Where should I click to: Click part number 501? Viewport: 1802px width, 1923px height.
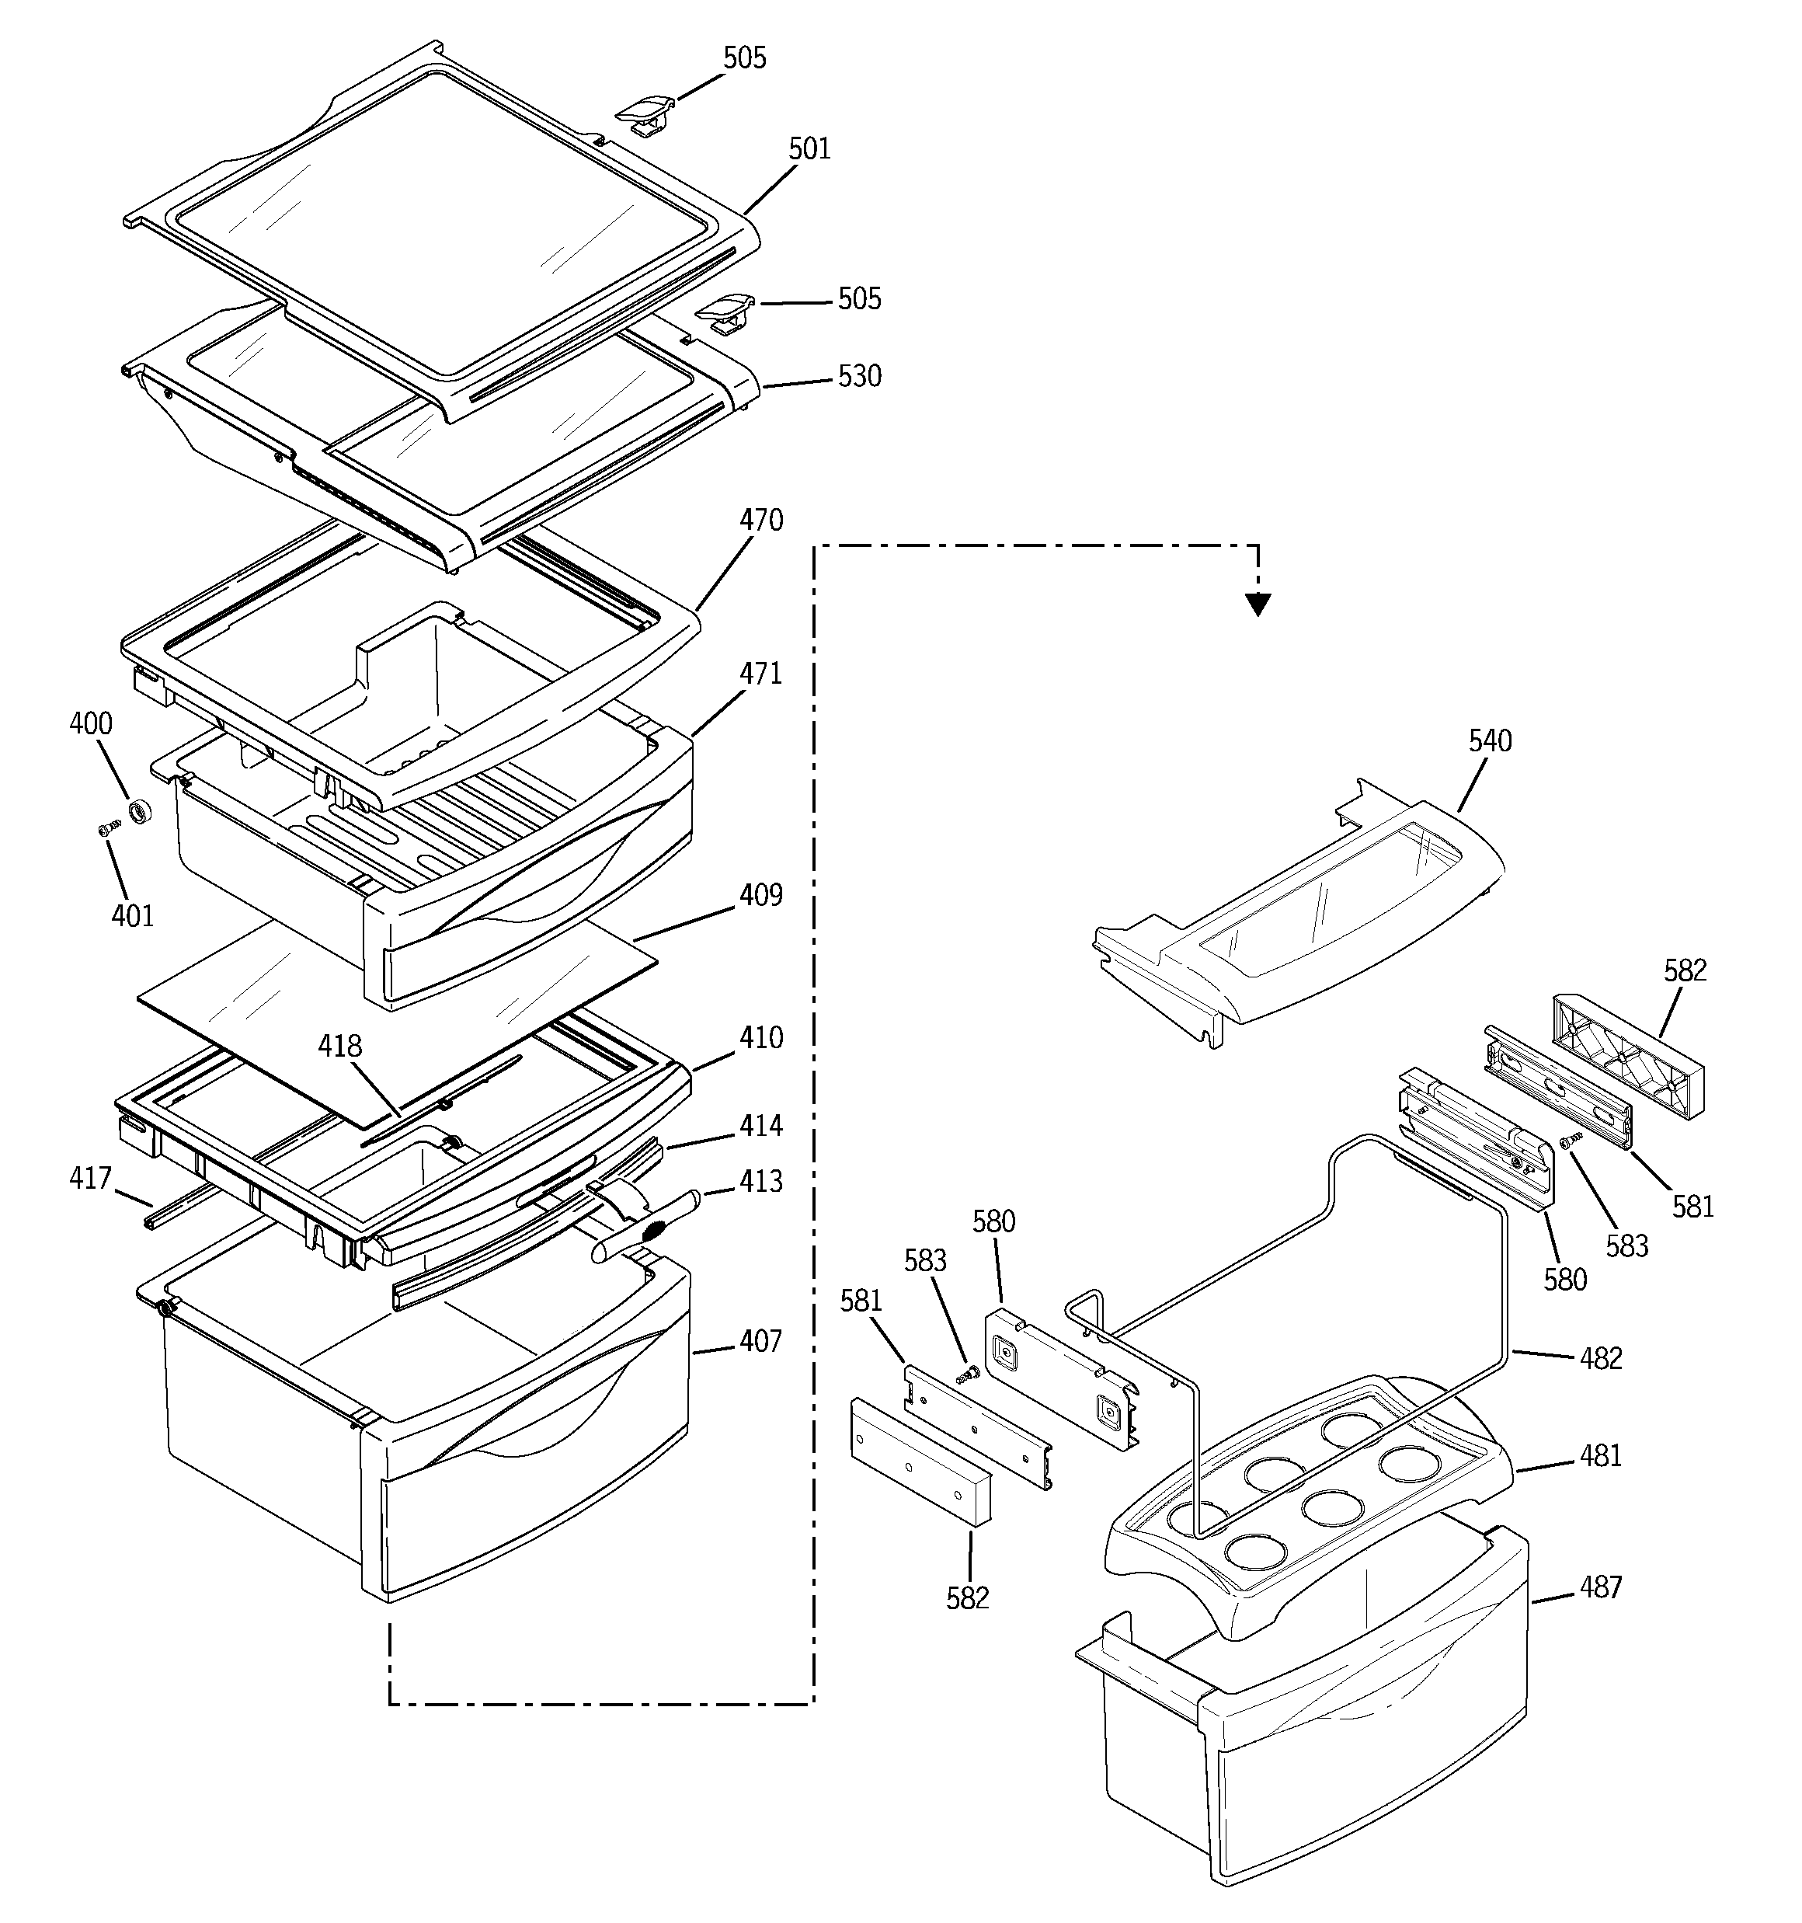click(x=809, y=149)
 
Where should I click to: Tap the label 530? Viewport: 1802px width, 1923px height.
click(x=859, y=376)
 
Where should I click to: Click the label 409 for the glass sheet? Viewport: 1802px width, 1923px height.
click(x=760, y=896)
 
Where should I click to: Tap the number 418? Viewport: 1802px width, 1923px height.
click(x=340, y=1046)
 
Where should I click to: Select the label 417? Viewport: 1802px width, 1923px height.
click(x=90, y=1178)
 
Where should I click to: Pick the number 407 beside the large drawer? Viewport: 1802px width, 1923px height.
click(x=760, y=1342)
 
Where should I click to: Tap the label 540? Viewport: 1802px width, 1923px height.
click(x=1490, y=741)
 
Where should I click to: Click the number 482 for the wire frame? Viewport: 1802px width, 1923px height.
click(x=1601, y=1358)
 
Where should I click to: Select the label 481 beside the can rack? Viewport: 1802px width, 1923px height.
click(x=1601, y=1456)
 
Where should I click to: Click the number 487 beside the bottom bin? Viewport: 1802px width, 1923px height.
click(x=1601, y=1587)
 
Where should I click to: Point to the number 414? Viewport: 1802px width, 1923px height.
click(x=760, y=1126)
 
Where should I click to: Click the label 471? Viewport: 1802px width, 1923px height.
click(x=760, y=674)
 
